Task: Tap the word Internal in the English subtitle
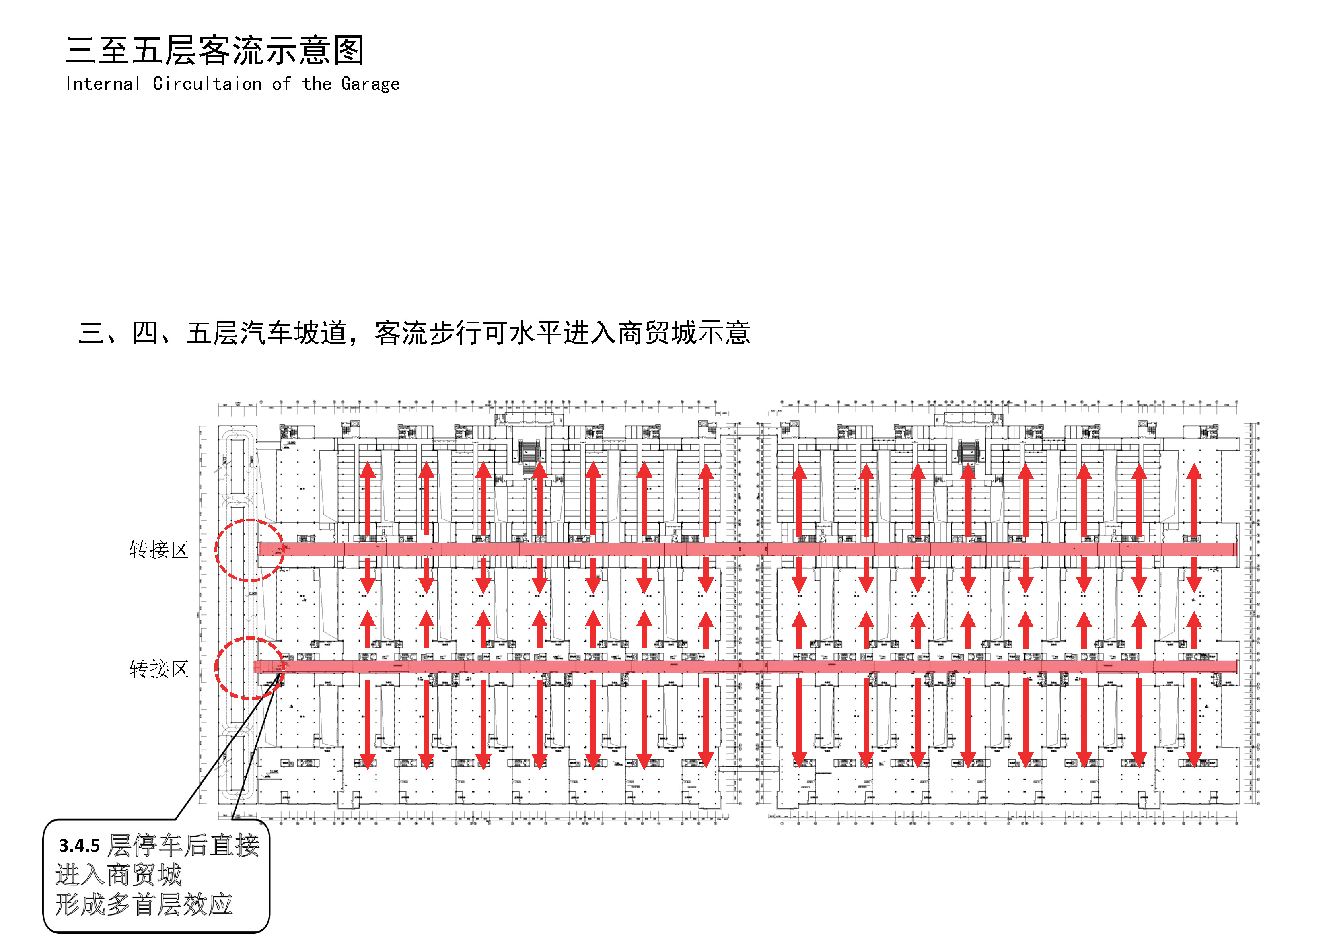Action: click(x=103, y=84)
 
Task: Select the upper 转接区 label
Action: click(x=158, y=549)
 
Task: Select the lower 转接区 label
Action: click(x=158, y=669)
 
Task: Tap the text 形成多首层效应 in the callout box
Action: click(x=144, y=904)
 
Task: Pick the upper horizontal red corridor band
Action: click(x=748, y=549)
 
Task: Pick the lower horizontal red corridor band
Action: click(x=748, y=667)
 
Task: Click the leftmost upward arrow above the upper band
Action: click(x=368, y=498)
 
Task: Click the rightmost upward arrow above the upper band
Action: click(x=1193, y=498)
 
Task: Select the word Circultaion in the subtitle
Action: click(x=207, y=84)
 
